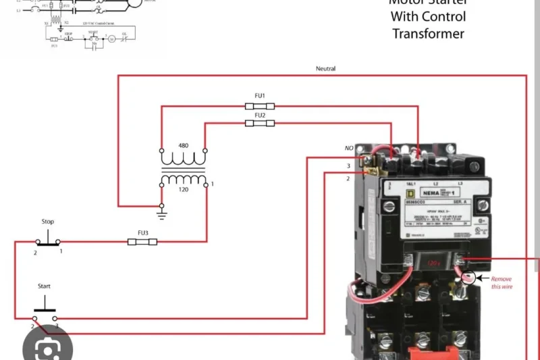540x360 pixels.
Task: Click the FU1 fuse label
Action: tap(260, 96)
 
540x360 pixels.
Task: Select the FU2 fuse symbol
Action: tap(260, 124)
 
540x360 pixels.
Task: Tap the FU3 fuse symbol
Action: tap(142, 241)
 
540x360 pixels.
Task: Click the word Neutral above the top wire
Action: tap(325, 69)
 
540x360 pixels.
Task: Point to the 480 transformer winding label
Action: tap(183, 146)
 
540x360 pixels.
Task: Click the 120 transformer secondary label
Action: tap(183, 190)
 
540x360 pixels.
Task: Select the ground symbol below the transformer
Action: tap(161, 214)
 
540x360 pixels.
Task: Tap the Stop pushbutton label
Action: tap(48, 222)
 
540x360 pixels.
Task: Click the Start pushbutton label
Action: tap(45, 286)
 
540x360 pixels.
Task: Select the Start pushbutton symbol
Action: tap(45, 313)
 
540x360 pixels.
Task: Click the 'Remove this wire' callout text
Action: tap(502, 282)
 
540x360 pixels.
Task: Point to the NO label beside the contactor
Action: tap(348, 148)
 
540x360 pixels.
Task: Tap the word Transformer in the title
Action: tap(429, 34)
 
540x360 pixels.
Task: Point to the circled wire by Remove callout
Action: tap(468, 278)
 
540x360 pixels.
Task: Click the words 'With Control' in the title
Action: tap(429, 17)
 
